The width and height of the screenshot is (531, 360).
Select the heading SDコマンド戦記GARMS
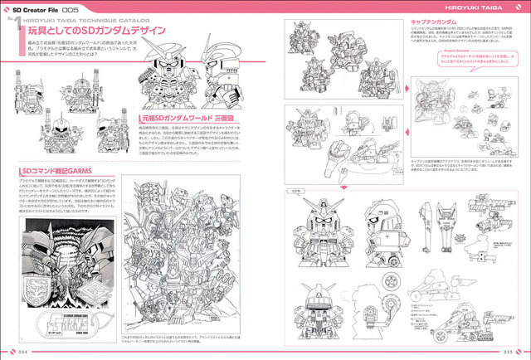pyautogui.click(x=47, y=172)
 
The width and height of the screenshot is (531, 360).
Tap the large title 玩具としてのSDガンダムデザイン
pyautogui.click(x=96, y=32)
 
